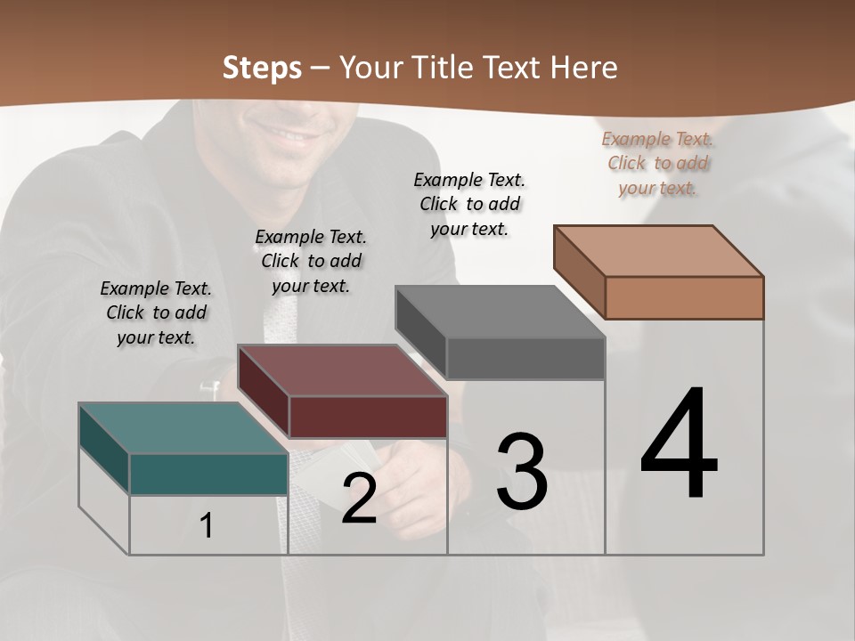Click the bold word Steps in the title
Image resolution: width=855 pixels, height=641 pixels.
[x=262, y=68]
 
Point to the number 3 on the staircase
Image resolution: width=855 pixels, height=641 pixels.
[x=522, y=472]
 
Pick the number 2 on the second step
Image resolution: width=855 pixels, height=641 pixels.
[x=359, y=499]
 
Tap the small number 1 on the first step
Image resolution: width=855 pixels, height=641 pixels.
[x=207, y=526]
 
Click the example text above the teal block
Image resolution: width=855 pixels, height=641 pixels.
[x=156, y=312]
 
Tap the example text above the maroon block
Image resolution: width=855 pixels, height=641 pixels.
[x=311, y=261]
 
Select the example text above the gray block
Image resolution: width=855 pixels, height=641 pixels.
[x=469, y=204]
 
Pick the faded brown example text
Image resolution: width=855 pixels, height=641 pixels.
[x=657, y=163]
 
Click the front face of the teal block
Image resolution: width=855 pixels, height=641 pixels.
[x=208, y=474]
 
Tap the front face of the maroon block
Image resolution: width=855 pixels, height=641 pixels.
[x=368, y=417]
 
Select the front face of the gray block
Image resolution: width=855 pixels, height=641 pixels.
[x=525, y=358]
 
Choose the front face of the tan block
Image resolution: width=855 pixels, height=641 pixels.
[x=684, y=297]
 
